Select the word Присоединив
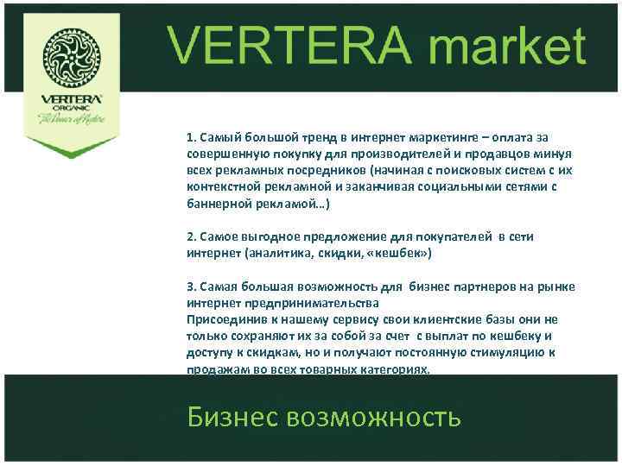225,319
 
